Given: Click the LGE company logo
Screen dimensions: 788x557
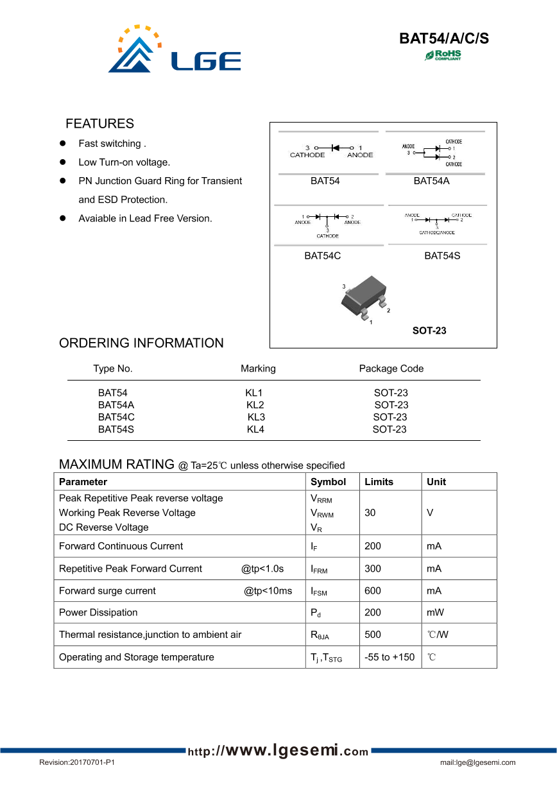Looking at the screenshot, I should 174,50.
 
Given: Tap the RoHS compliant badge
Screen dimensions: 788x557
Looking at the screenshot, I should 443,55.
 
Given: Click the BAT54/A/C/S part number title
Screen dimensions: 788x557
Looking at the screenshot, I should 444,39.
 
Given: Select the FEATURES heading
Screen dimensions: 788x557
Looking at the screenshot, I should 99,124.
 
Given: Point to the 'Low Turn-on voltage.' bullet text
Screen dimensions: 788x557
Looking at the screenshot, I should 124,162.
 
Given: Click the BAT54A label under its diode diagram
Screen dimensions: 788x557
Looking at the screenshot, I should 431,181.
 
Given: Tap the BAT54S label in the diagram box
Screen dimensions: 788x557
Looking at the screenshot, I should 441,256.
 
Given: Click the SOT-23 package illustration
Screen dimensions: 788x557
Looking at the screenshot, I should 364,298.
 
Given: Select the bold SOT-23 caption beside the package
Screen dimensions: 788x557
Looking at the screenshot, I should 429,331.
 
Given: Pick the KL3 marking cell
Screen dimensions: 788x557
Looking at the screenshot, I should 256,417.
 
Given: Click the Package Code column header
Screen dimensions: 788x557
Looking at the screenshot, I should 391,368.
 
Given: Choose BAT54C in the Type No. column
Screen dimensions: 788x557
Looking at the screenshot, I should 116,417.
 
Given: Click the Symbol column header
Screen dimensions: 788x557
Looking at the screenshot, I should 328,482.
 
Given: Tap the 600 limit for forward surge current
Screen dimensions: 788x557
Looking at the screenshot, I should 372,591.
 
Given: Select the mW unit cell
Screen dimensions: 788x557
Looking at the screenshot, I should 435,613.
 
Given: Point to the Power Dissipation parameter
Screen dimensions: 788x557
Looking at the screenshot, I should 98,613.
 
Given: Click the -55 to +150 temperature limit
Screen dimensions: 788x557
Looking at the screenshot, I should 389,657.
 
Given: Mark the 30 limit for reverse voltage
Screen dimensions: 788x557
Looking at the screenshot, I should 370,513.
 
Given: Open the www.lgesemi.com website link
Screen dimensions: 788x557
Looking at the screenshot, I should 278,751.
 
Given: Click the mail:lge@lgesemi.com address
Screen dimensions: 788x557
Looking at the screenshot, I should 477,763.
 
